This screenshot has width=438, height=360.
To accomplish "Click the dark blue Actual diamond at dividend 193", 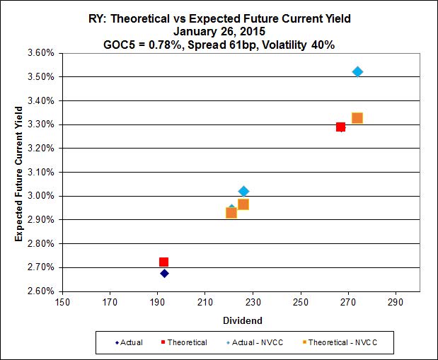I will (164, 273).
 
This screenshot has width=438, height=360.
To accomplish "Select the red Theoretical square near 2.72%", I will (164, 262).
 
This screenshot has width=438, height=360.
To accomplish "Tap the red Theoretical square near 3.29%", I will (340, 127).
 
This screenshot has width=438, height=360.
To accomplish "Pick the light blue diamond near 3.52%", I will (357, 71).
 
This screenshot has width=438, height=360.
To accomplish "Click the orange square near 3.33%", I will (357, 118).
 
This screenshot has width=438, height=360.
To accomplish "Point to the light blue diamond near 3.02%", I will (243, 191).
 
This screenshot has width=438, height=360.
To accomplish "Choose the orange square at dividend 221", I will (231, 212).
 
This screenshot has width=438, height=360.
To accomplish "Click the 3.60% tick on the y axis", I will (40, 53).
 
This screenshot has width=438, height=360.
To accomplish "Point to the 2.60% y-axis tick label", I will (40, 291).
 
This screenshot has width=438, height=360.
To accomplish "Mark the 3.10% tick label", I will (40, 173).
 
